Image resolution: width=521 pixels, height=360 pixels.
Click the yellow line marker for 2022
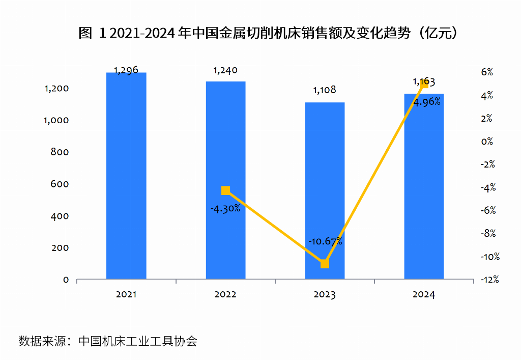click(226, 190)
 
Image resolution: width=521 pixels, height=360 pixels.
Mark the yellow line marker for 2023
click(325, 264)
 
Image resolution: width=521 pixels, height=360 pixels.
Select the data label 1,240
click(225, 70)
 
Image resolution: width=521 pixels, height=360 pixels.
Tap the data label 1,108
click(325, 91)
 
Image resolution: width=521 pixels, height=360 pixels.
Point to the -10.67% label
click(325, 241)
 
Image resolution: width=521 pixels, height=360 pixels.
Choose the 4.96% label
click(426, 102)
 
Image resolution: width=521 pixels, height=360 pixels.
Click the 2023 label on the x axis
click(325, 295)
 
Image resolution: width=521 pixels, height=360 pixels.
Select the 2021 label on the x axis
click(126, 295)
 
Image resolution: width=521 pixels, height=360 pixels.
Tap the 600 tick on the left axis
click(60, 184)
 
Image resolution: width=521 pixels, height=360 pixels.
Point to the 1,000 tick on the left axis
click(56, 120)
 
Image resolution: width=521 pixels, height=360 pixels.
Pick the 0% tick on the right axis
click(487, 142)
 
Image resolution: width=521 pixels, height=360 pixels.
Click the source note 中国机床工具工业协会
click(138, 341)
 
